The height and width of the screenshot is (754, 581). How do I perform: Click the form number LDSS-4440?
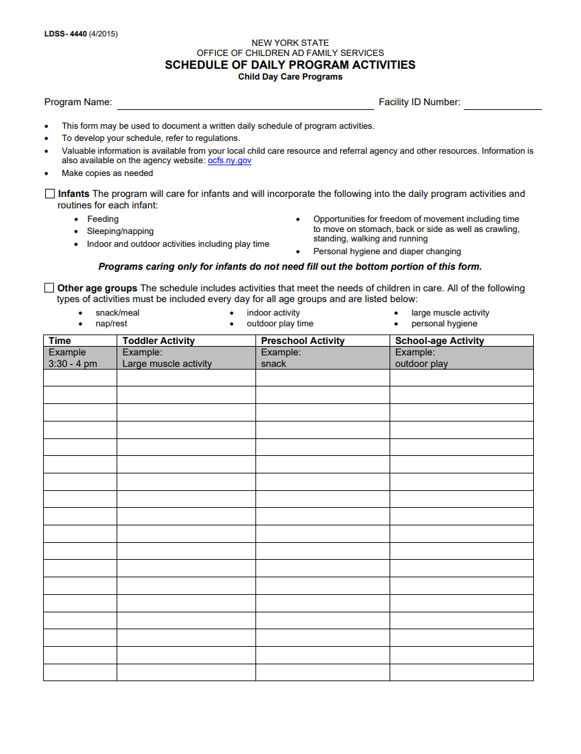pyautogui.click(x=65, y=34)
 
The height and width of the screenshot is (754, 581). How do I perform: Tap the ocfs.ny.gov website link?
pyautogui.click(x=229, y=161)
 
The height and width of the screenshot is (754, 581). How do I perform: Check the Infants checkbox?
pyautogui.click(x=50, y=194)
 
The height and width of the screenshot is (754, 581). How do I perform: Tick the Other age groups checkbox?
pyautogui.click(x=49, y=288)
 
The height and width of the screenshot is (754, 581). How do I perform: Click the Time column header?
pyautogui.click(x=60, y=341)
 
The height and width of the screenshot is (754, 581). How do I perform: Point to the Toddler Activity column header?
pyautogui.click(x=158, y=341)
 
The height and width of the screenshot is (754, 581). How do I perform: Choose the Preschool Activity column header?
pyautogui.click(x=303, y=341)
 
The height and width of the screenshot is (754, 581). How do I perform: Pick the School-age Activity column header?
pyautogui.click(x=439, y=341)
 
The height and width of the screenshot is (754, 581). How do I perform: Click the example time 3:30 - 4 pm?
pyautogui.click(x=73, y=364)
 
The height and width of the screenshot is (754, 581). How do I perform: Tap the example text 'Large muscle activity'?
pyautogui.click(x=167, y=364)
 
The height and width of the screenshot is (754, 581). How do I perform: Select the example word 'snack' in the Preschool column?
pyautogui.click(x=274, y=364)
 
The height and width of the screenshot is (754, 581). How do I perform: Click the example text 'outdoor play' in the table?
pyautogui.click(x=421, y=364)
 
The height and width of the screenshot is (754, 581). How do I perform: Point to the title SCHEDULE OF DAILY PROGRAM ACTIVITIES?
pyautogui.click(x=290, y=65)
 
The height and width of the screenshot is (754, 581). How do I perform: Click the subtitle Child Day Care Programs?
pyautogui.click(x=290, y=77)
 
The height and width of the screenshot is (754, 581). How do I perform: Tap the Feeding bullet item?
pyautogui.click(x=102, y=219)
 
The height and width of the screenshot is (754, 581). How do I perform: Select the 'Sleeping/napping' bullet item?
pyautogui.click(x=120, y=231)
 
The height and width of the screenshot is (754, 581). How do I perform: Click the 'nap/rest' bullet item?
pyautogui.click(x=111, y=324)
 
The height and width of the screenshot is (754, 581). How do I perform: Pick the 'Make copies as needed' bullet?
pyautogui.click(x=107, y=173)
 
